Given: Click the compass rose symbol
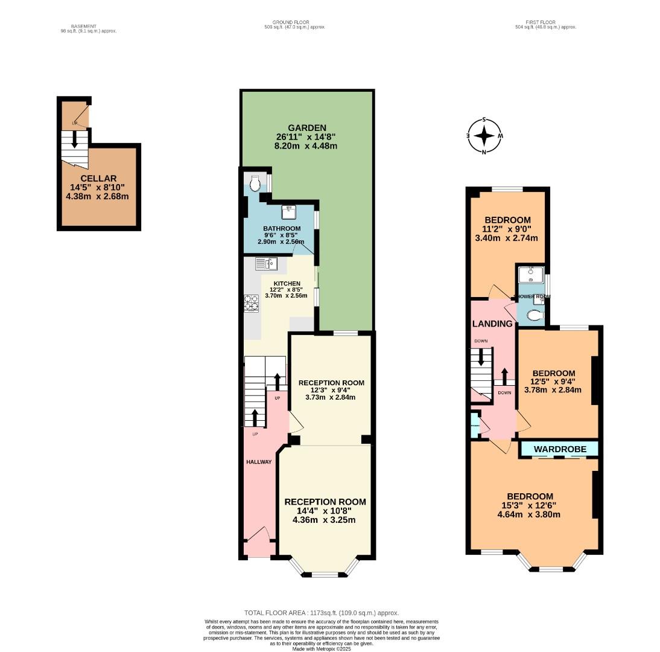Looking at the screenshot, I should pos(484,136).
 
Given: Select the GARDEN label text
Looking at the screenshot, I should pos(306,128).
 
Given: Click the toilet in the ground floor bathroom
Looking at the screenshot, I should pos(255,182).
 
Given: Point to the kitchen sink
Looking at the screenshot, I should pos(265,263).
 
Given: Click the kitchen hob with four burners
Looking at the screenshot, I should pos(251,302).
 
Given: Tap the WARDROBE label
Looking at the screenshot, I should pos(560,449).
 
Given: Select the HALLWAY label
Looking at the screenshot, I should pos(259,462).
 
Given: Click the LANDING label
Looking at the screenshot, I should pos(492,324).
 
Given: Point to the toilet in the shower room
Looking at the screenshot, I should pos(534,315).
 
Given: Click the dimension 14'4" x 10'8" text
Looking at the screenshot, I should pos(325,511).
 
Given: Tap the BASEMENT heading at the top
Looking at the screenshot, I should pos(83,27).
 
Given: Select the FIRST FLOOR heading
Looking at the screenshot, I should pos(541,22).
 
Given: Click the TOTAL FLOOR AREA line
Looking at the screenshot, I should pos(322,613).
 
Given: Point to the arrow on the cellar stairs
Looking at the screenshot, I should pos(74,139).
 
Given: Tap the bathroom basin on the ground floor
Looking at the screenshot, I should pos(288,212).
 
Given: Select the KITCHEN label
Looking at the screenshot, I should pos(287,284).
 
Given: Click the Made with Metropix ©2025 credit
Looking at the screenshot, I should pos(322,648).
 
